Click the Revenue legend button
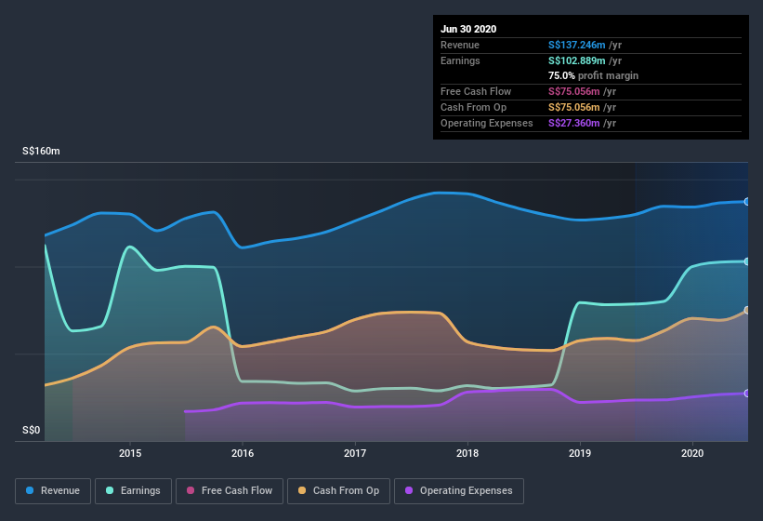point(53,490)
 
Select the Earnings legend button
point(132,490)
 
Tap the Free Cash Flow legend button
point(230,490)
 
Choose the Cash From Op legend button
point(338,490)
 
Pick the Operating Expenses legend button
point(458,490)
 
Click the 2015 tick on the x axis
point(130,453)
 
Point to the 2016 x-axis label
point(243,453)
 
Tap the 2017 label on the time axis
point(355,453)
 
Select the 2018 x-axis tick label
point(467,453)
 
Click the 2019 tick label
point(580,453)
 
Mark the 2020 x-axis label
point(692,453)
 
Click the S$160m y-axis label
point(42,151)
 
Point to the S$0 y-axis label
point(32,430)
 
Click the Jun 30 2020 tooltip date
point(468,29)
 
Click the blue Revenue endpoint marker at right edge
point(747,201)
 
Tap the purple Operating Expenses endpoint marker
point(747,394)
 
